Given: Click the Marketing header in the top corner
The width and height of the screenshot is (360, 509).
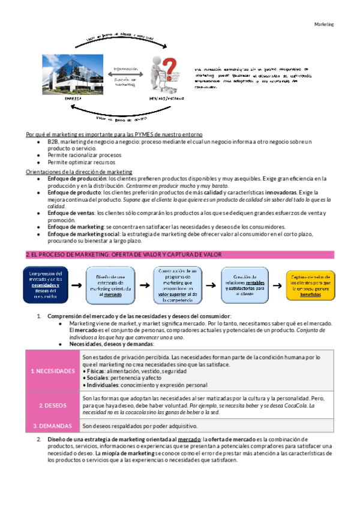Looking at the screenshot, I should pos(324,25).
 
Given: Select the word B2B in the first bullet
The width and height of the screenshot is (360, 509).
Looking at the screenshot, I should pos(53,141).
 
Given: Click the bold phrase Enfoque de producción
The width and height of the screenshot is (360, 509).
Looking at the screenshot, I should pos(74,178).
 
